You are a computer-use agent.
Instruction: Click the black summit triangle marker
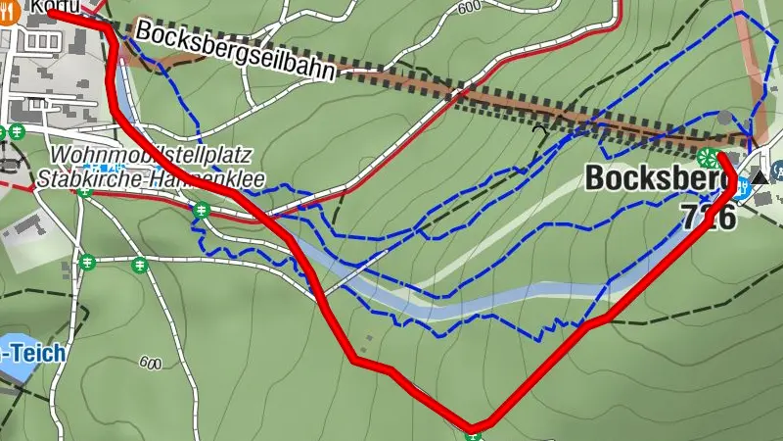click(760, 177)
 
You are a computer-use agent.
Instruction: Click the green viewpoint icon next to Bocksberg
click(707, 157)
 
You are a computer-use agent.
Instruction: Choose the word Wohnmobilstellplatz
click(151, 156)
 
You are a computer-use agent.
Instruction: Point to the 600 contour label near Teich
click(150, 364)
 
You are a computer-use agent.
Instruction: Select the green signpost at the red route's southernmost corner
click(474, 428)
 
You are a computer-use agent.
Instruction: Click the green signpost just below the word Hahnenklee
click(202, 209)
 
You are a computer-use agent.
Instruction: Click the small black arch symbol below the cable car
click(537, 127)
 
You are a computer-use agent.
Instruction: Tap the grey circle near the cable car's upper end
click(723, 118)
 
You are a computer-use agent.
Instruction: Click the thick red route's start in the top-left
click(49, 13)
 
